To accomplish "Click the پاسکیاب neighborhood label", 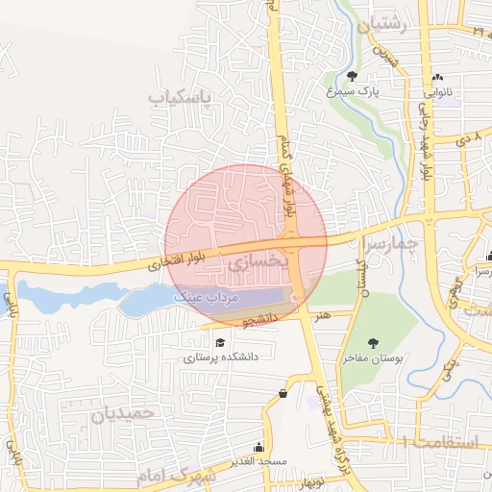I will pyautogui.click(x=185, y=97).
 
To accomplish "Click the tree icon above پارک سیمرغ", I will pyautogui.click(x=353, y=77).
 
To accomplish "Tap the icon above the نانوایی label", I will pyautogui.click(x=438, y=77).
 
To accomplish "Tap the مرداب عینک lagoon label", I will pyautogui.click(x=206, y=299).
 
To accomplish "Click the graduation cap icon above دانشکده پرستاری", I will pyautogui.click(x=220, y=342).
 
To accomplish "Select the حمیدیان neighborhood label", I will pyautogui.click(x=122, y=414).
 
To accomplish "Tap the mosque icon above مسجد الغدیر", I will pyautogui.click(x=259, y=447).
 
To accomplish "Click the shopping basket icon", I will pyautogui.click(x=283, y=393).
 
